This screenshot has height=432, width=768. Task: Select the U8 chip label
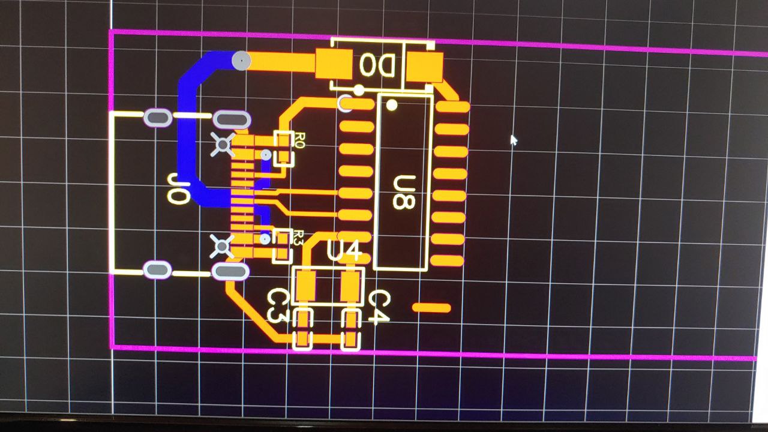(x=403, y=192)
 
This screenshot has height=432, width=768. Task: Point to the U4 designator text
(x=344, y=251)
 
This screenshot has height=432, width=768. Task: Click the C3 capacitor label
(x=278, y=304)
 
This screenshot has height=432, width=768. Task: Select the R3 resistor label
(x=299, y=238)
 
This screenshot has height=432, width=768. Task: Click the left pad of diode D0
(x=334, y=64)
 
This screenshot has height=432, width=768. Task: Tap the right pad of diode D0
(x=424, y=67)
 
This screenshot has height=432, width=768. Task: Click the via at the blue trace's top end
(x=241, y=61)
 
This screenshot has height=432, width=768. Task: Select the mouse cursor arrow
(x=512, y=139)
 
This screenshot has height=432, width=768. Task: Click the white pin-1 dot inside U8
(x=392, y=106)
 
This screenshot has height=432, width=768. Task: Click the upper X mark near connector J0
(x=223, y=145)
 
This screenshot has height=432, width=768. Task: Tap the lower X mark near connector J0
(x=222, y=246)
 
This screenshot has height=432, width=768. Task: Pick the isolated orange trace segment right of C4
(x=431, y=308)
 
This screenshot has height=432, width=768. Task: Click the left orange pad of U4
(x=306, y=286)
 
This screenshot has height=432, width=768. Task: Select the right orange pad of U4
(x=350, y=286)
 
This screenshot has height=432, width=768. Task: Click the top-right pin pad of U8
(x=452, y=107)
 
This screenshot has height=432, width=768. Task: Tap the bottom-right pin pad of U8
(x=448, y=261)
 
